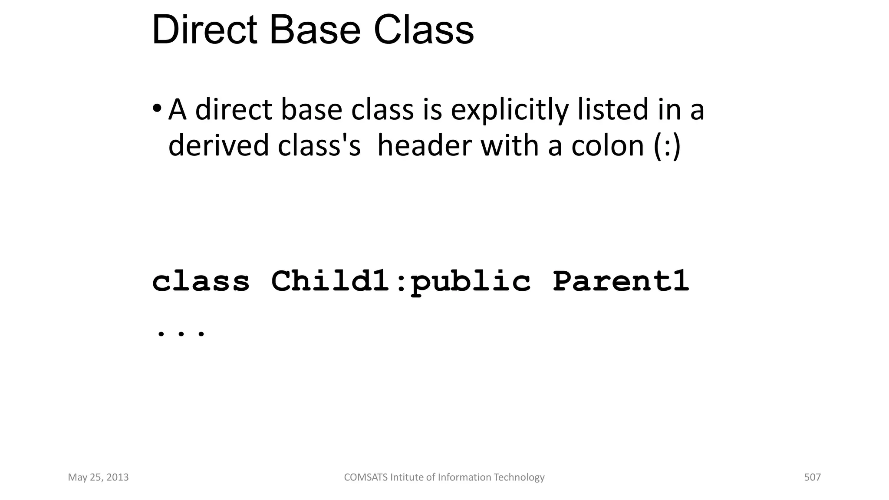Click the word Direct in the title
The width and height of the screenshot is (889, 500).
pyautogui.click(x=204, y=30)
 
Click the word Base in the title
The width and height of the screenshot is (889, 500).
pyautogui.click(x=315, y=30)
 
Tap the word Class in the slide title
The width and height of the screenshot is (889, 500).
pyautogui.click(x=423, y=30)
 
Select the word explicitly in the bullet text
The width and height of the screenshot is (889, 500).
pyautogui.click(x=509, y=110)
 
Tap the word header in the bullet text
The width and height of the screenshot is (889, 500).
pyautogui.click(x=424, y=145)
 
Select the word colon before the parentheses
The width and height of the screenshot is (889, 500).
pyautogui.click(x=607, y=145)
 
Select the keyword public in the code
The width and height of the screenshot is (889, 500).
pyautogui.click(x=470, y=282)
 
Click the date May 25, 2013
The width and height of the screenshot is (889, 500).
pyautogui.click(x=98, y=477)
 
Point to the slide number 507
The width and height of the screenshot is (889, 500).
pyautogui.click(x=812, y=477)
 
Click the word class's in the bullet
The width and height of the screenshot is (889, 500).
pyautogui.click(x=319, y=145)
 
